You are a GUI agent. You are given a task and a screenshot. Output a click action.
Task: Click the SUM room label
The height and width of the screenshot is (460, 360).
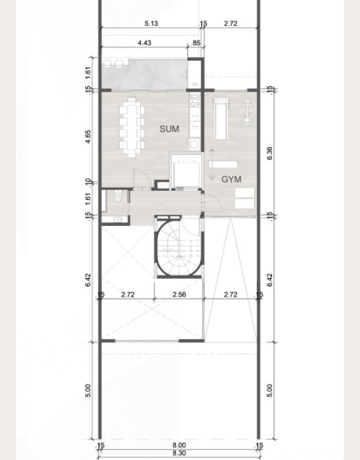click(x=169, y=129)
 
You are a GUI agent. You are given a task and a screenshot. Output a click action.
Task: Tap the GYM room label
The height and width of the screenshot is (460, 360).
click(x=232, y=179)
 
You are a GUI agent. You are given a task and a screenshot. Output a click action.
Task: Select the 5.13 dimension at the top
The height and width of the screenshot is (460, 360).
click(x=151, y=23)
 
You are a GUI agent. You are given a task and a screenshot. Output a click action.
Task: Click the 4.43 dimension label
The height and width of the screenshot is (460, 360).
click(x=144, y=43)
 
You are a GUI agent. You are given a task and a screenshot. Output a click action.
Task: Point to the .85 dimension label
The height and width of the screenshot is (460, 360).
click(x=196, y=43)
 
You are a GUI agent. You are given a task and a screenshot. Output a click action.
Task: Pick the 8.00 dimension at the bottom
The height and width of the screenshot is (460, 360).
click(x=179, y=446)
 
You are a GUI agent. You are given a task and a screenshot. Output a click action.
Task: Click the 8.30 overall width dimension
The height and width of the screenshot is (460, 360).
click(x=179, y=453)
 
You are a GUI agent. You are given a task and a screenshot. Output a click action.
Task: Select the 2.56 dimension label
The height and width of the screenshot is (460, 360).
click(x=179, y=295)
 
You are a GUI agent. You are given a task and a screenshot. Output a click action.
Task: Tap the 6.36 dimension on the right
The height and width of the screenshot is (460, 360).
click(x=270, y=153)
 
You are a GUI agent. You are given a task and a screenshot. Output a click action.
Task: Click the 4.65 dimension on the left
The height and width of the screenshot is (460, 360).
click(x=88, y=137)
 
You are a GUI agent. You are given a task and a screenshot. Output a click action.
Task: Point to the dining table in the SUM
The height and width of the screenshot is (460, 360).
click(x=132, y=128)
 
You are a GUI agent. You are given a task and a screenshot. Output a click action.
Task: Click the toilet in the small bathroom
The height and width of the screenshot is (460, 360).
click(x=118, y=196)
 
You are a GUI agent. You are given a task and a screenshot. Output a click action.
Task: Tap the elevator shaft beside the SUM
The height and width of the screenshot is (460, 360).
click(x=186, y=171)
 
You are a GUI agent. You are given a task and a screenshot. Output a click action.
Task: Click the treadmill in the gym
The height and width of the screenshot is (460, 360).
click(x=221, y=119)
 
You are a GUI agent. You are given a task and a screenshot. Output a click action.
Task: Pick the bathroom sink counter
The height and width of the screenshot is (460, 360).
click(x=118, y=219)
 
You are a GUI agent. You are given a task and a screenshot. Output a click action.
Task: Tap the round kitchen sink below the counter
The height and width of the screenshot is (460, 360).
click(x=194, y=144)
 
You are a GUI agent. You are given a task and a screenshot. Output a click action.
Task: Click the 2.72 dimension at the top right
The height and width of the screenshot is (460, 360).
click(x=231, y=23)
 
